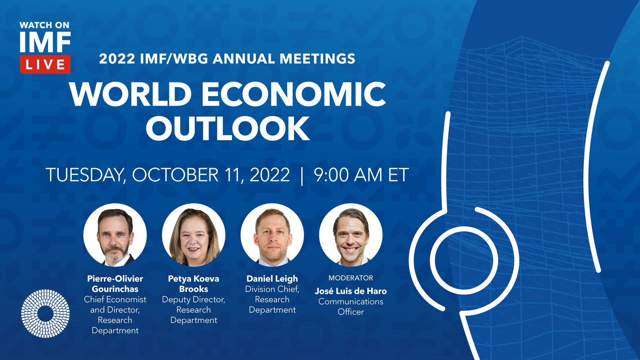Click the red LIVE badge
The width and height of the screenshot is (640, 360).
[45, 64]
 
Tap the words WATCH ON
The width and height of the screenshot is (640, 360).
[44, 25]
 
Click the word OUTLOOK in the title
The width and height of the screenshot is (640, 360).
[228, 128]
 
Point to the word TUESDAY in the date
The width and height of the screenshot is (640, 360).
[86, 175]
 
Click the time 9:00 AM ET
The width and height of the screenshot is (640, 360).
[361, 175]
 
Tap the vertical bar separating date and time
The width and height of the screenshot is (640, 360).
[302, 176]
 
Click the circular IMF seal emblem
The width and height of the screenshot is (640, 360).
[45, 313]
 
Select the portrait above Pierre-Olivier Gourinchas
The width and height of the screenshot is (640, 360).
[115, 235]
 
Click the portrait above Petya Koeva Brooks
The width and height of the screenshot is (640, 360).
[194, 235]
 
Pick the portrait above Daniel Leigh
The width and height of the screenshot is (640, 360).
[272, 235]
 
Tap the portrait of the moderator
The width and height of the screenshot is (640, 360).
[351, 235]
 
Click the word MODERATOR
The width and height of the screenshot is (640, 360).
[351, 278]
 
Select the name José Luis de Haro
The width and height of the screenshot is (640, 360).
[351, 291]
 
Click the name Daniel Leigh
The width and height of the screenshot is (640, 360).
[272, 279]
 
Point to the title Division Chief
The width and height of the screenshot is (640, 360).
[272, 289]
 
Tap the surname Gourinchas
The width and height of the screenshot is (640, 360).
[115, 289]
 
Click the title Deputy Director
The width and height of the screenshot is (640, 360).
[194, 300]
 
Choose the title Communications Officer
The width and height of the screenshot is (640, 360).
[351, 307]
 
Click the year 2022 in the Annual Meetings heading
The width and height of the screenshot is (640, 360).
[117, 59]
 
